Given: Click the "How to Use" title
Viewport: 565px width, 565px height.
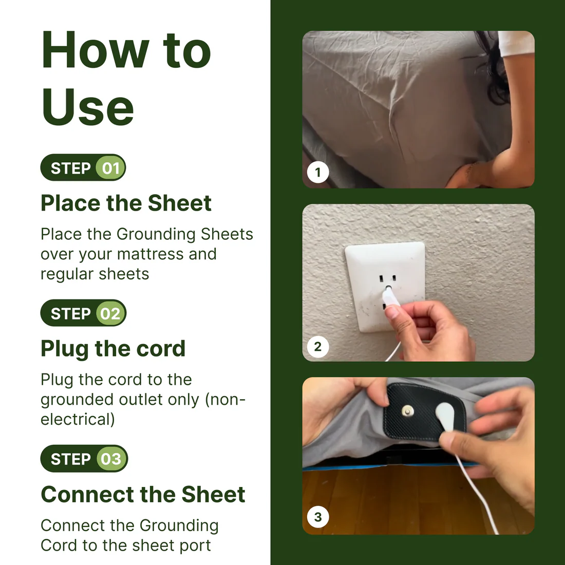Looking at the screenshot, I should pyautogui.click(x=126, y=77).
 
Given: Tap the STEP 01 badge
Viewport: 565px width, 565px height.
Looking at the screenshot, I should pyautogui.click(x=83, y=168).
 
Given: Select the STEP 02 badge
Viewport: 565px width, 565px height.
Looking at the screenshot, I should pyautogui.click(x=83, y=313).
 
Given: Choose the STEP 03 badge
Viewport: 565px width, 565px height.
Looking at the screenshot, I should pyautogui.click(x=84, y=459).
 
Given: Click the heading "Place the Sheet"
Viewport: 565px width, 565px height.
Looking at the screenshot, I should pyautogui.click(x=126, y=203).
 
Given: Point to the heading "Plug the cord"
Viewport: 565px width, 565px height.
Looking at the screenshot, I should pyautogui.click(x=113, y=349).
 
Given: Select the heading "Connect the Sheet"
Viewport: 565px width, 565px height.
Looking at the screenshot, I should pyautogui.click(x=143, y=494).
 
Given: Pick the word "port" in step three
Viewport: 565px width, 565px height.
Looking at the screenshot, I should pyautogui.click(x=195, y=545).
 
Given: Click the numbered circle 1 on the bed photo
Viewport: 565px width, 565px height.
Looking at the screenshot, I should pyautogui.click(x=318, y=172).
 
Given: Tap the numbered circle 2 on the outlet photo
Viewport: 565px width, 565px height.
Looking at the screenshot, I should pyautogui.click(x=318, y=347).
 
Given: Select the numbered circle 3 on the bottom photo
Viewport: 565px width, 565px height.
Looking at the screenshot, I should pyautogui.click(x=318, y=517).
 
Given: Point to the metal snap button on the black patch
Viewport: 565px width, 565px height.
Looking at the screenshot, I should pyautogui.click(x=408, y=410).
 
